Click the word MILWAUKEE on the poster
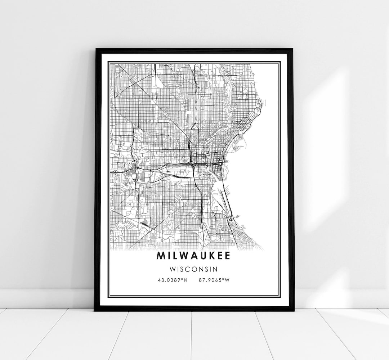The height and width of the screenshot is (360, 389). click(x=194, y=255)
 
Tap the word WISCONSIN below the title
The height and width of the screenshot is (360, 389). click(x=194, y=269)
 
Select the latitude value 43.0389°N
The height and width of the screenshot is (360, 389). click(x=173, y=280)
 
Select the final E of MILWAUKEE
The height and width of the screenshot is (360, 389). click(x=228, y=255)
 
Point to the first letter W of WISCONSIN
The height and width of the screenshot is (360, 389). click(x=174, y=269)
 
